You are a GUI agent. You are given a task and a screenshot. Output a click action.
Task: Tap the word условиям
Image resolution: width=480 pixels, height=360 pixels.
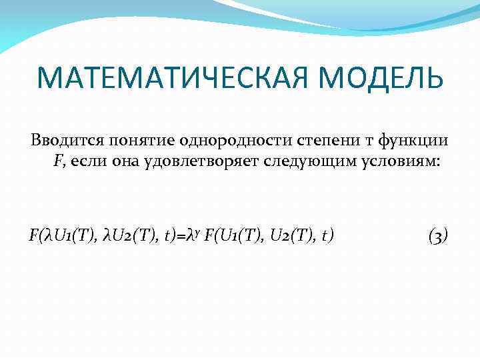402,162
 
